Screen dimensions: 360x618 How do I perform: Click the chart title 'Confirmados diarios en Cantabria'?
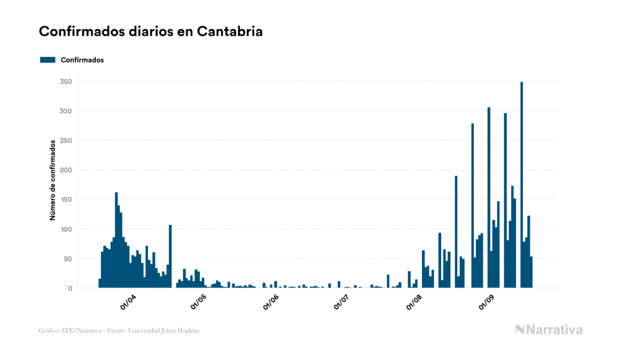151,32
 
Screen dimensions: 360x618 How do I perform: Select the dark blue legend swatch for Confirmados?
48,60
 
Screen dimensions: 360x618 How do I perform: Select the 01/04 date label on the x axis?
129,302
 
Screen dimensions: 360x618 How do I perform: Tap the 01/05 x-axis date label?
199,302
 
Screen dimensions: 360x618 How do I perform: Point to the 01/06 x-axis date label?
271,302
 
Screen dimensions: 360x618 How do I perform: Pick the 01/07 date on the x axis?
341,302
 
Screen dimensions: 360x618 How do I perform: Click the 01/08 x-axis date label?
414,302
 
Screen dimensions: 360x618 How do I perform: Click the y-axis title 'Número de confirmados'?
53,181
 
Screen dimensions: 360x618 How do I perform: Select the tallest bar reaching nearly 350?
521,185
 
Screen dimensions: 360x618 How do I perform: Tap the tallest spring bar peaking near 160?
116,240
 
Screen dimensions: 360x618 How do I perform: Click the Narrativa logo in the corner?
549,330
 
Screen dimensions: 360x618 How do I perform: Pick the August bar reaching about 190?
456,232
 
